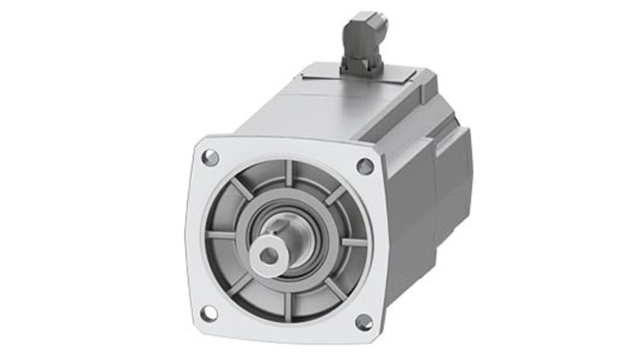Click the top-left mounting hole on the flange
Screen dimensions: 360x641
[210, 157]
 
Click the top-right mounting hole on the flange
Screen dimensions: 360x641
[365, 166]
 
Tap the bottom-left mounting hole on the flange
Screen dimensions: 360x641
[208, 313]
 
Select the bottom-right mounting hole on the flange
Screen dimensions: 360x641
[363, 322]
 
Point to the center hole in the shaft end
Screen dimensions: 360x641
[269, 256]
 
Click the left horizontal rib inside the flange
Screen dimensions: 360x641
[221, 235]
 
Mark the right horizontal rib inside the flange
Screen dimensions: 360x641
[354, 242]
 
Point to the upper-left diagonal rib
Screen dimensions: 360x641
[242, 189]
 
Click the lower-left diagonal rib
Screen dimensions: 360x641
[240, 285]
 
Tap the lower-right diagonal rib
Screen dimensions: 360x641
[334, 289]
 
